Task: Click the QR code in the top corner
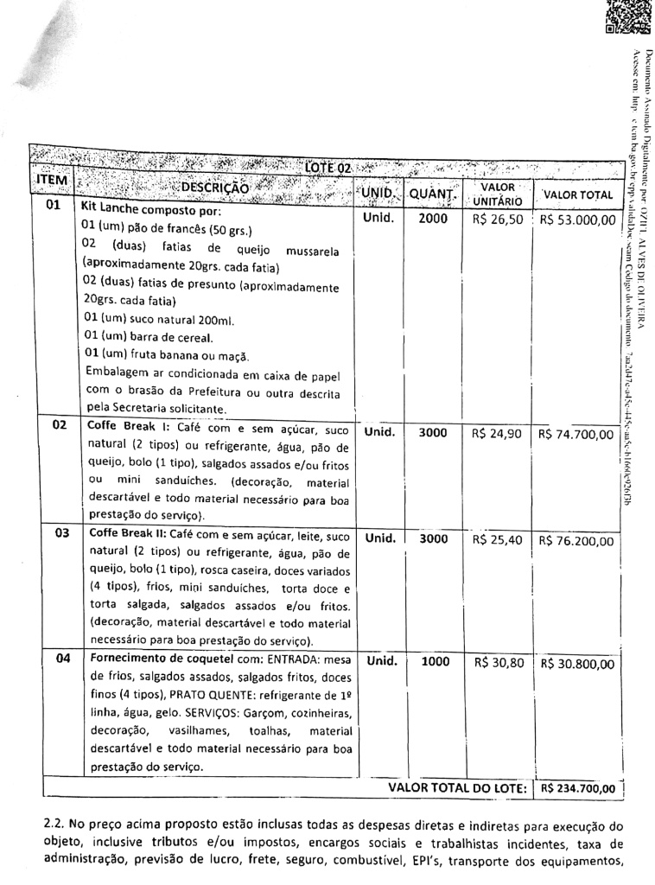[x=625, y=17]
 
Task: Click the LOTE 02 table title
[x=327, y=167]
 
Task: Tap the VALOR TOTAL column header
[x=578, y=195]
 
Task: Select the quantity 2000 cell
[x=433, y=219]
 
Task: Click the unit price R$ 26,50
[x=498, y=220]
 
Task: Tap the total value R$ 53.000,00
[x=577, y=220]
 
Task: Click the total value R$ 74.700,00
[x=577, y=434]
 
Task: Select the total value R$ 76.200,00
[x=577, y=542]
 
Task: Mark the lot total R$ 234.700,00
[x=577, y=788]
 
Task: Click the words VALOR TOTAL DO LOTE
[x=457, y=788]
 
